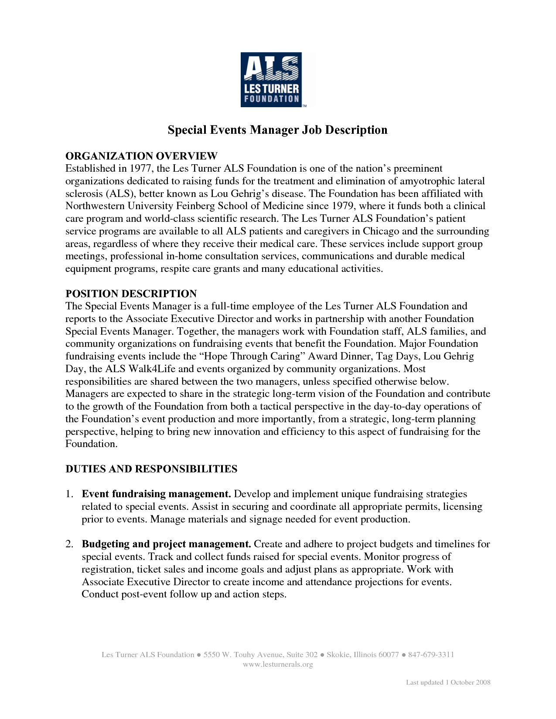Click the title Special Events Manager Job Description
[x=278, y=130]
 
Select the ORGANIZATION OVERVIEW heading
[x=141, y=156]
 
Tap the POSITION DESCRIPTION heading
[x=131, y=293]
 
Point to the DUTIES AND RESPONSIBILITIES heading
[x=151, y=469]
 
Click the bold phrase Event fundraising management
[x=156, y=494]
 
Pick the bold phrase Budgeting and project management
[x=166, y=544]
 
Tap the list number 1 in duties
[x=68, y=494]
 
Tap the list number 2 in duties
[x=68, y=544]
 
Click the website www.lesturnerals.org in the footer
[x=278, y=665]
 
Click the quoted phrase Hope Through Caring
[x=253, y=356]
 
